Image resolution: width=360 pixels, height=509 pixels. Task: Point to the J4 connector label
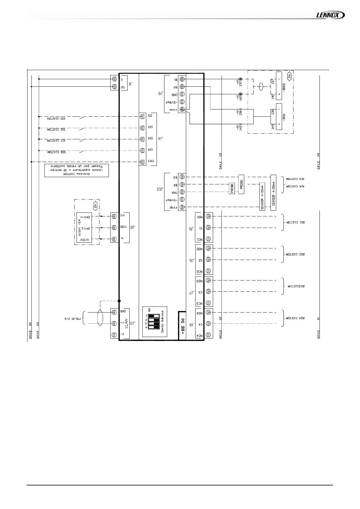tap(161, 139)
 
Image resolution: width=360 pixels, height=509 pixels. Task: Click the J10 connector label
tap(160, 191)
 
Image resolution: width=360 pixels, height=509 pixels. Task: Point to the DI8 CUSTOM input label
tap(57, 152)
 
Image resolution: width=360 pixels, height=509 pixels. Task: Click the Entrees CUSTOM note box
tap(76, 171)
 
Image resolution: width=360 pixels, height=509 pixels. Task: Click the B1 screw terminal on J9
tap(182, 79)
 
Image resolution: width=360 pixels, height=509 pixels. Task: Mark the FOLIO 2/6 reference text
tap(71, 319)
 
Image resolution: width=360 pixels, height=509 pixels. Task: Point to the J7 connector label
tap(191, 292)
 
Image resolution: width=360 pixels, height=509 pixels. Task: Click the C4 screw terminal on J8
tap(208, 324)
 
